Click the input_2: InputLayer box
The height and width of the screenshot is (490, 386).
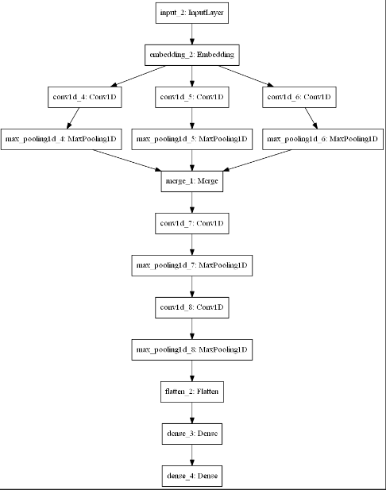point(192,13)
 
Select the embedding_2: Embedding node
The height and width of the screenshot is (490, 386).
point(192,55)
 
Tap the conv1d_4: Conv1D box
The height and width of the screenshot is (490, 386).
point(85,97)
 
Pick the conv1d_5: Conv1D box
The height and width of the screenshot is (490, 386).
point(192,97)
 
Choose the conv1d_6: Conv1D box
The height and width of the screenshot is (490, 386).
point(299,97)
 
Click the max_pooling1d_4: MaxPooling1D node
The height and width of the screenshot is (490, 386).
point(61,139)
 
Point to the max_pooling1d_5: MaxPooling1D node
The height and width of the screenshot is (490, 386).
point(192,139)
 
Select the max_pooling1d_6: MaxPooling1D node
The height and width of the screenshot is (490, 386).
point(323,139)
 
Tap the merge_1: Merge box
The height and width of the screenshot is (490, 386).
point(192,181)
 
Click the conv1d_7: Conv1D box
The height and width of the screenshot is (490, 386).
point(192,223)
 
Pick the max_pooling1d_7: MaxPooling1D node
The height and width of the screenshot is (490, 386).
point(192,265)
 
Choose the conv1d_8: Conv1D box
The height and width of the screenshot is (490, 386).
point(192,307)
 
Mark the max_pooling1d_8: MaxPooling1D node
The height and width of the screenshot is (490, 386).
point(192,349)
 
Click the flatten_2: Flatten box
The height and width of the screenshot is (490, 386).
point(192,392)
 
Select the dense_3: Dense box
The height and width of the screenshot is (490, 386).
point(192,434)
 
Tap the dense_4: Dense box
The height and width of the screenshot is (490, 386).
point(192,476)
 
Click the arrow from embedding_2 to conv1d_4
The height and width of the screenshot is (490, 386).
point(138,76)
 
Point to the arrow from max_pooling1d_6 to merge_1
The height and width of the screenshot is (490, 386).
point(257,160)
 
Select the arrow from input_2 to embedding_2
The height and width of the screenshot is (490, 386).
point(192,34)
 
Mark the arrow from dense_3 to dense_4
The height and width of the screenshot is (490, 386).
point(192,455)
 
